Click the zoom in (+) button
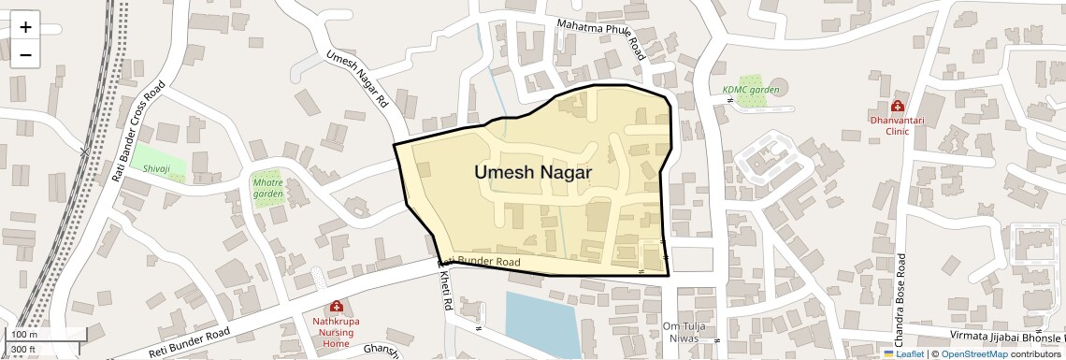tap(25, 27)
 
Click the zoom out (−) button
tap(25, 55)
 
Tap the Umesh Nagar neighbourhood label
tap(532, 173)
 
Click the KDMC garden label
tap(750, 90)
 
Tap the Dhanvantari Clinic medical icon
tap(898, 107)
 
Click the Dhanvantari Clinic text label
tap(898, 125)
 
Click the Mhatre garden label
tap(267, 187)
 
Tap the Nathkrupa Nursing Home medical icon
tap(336, 307)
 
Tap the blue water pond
tap(542, 323)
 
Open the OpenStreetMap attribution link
tap(973, 353)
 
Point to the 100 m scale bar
tap(33, 334)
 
